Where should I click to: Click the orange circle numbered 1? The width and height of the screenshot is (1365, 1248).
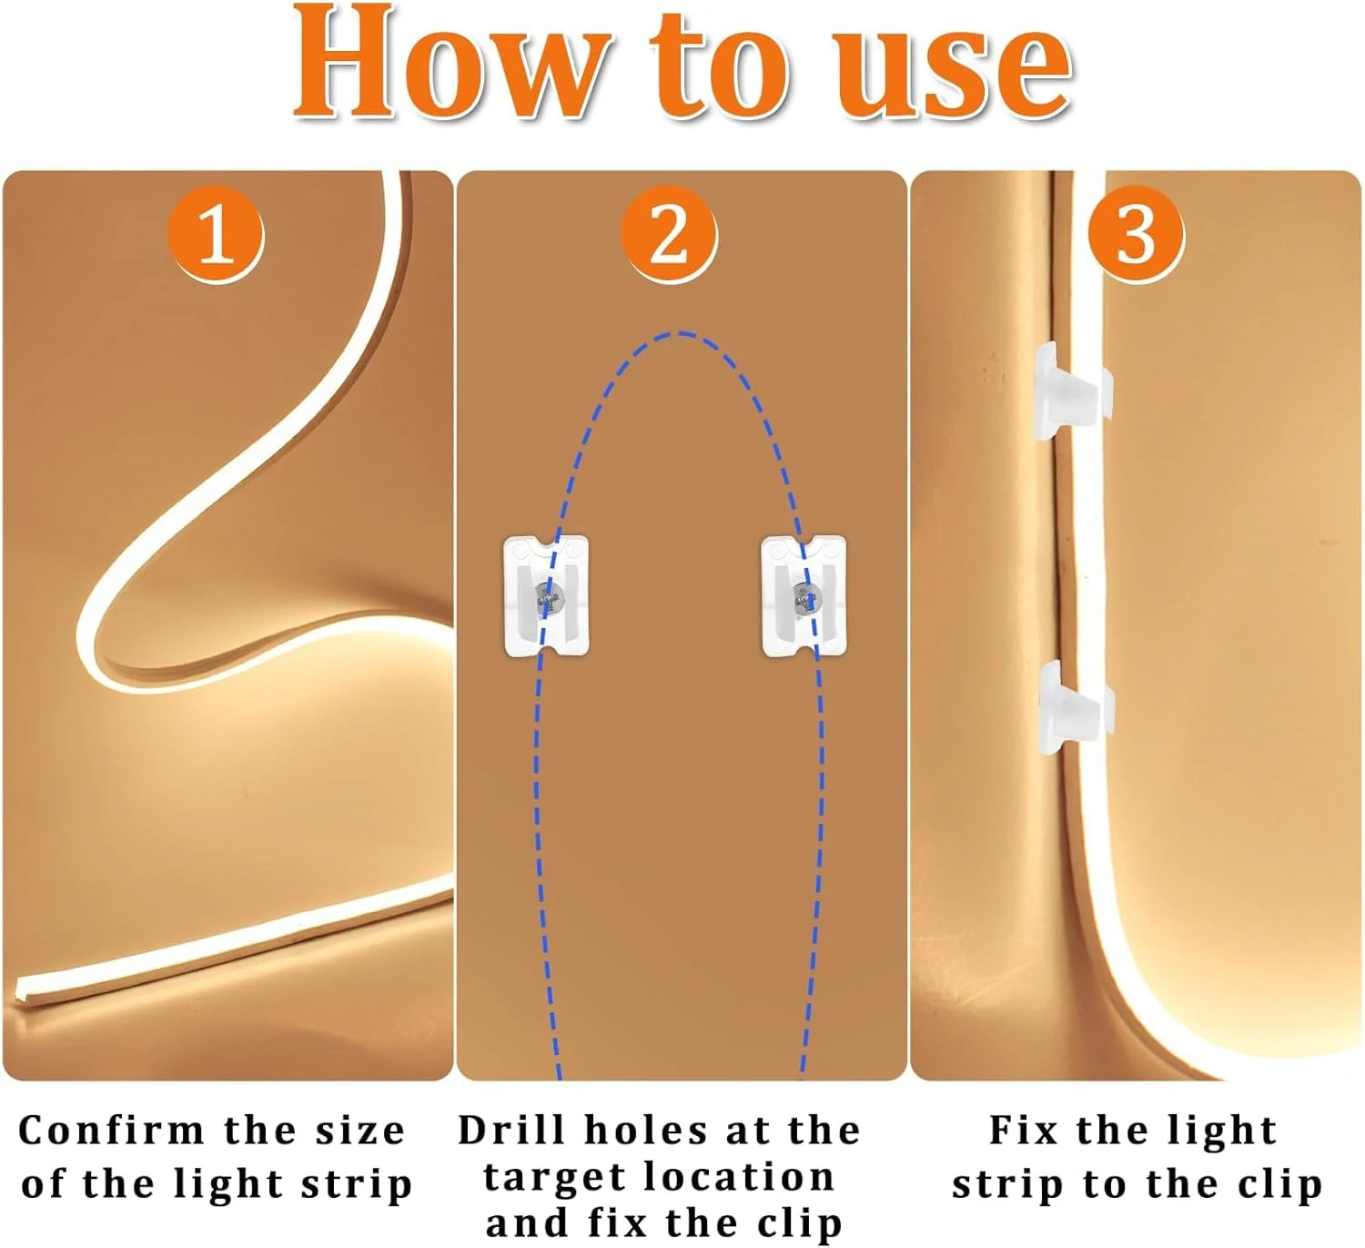tap(216, 235)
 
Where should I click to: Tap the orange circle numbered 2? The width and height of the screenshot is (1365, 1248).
tap(669, 235)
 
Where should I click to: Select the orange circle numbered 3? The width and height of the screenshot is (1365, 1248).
tap(1136, 235)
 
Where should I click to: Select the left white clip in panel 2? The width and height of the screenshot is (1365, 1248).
tap(546, 596)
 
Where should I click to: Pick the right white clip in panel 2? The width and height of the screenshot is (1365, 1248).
tap(804, 596)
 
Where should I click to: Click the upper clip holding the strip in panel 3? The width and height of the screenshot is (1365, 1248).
tap(1072, 391)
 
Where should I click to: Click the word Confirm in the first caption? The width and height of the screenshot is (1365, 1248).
tap(112, 1131)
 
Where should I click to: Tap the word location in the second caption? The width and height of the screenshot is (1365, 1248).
tap(740, 1176)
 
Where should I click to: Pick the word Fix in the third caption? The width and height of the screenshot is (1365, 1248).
tap(1024, 1131)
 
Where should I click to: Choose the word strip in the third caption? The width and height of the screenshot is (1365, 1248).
tap(1007, 1184)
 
